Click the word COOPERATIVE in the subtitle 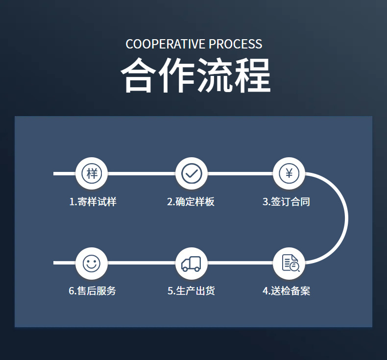[166, 44]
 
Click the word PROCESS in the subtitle [236, 44]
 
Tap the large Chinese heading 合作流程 [195, 76]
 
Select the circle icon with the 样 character [92, 173]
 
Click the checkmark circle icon [192, 173]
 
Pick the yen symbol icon [289, 173]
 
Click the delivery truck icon [192, 264]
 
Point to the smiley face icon [92, 263]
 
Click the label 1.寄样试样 [93, 202]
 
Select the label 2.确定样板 [191, 202]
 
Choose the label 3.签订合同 [286, 202]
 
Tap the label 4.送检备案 [287, 291]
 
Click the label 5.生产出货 [191, 291]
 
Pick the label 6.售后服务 [93, 291]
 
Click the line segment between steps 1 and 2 [142, 173]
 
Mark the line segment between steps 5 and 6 [142, 263]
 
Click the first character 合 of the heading [139, 76]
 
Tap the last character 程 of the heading [252, 76]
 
